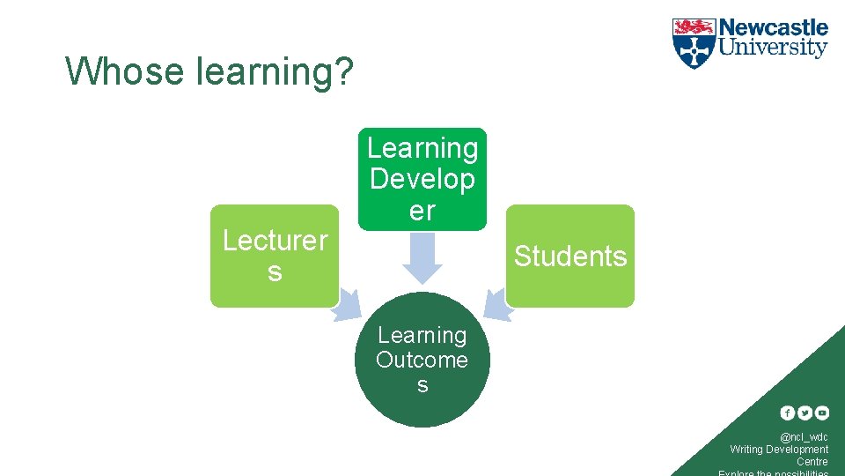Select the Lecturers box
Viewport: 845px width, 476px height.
pyautogui.click(x=274, y=256)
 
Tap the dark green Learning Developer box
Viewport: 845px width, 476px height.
pyautogui.click(x=422, y=179)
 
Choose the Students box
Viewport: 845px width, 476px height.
pyautogui.click(x=569, y=256)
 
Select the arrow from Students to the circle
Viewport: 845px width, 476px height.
pyautogui.click(x=497, y=302)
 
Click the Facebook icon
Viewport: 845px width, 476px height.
pyautogui.click(x=787, y=413)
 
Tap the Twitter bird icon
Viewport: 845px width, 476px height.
pyautogui.click(x=805, y=413)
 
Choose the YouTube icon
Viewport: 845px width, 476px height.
pyautogui.click(x=822, y=413)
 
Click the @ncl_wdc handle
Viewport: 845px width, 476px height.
pyautogui.click(x=803, y=437)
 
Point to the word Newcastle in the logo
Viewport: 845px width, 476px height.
pyautogui.click(x=774, y=27)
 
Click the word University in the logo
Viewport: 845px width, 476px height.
pyautogui.click(x=774, y=48)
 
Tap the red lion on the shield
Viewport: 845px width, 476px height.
pyautogui.click(x=694, y=26)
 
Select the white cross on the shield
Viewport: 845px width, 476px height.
pyautogui.click(x=694, y=50)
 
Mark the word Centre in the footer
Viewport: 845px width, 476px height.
pyautogui.click(x=812, y=461)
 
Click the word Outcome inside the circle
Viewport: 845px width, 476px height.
pyautogui.click(x=422, y=360)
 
